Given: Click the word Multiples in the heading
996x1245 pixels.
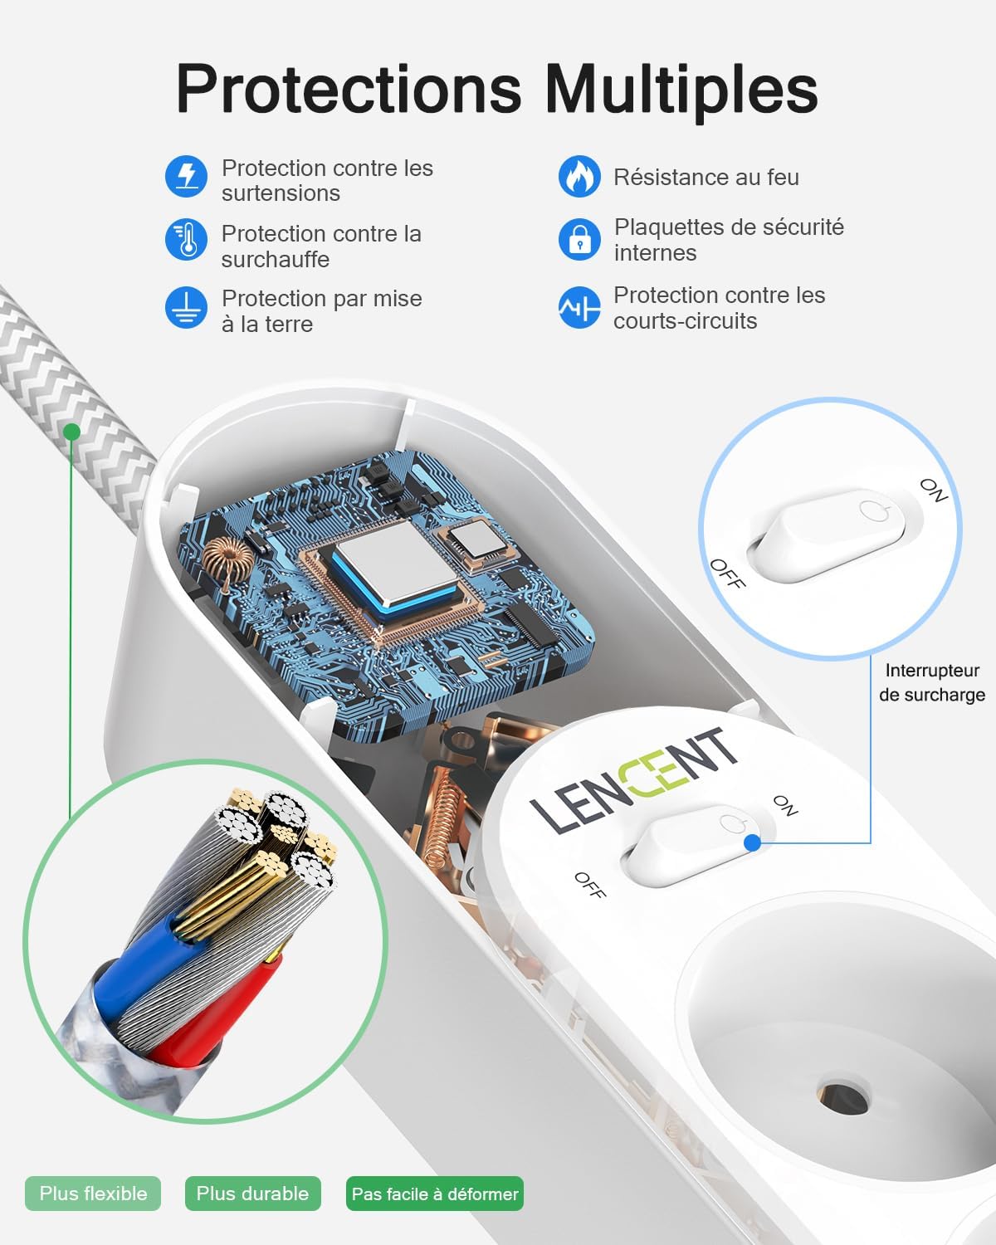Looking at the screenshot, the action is tap(681, 90).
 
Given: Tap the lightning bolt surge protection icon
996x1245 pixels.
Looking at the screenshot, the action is tap(186, 176).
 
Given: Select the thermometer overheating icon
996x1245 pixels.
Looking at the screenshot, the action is tap(186, 240).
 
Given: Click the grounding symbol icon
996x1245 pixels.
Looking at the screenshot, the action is tap(186, 307).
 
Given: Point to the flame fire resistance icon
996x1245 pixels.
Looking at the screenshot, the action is tap(579, 176).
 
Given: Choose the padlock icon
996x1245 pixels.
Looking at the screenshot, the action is tap(579, 240).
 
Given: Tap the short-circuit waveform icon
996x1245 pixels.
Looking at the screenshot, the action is tap(579, 307).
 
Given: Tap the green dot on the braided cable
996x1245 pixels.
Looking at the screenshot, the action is tap(71, 432).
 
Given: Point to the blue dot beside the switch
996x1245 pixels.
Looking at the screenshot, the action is tap(752, 842).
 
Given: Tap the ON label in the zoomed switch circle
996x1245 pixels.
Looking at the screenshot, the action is tap(934, 491).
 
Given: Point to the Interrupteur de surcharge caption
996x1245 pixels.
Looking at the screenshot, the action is tap(932, 682).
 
